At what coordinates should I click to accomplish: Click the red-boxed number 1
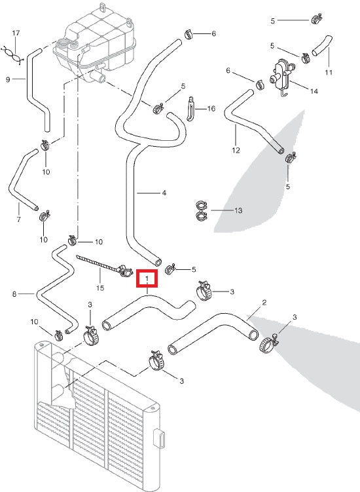tap(147, 280)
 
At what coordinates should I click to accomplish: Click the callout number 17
tap(17, 32)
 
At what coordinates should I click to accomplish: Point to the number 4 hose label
tap(164, 193)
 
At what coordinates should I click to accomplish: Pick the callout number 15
tap(100, 288)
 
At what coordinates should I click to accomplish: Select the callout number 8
tap(14, 295)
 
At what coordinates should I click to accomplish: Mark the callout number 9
tap(8, 80)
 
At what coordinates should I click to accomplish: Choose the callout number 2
tap(263, 303)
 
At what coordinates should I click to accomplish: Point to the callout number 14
tap(314, 91)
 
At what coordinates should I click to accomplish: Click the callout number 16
tap(211, 109)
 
